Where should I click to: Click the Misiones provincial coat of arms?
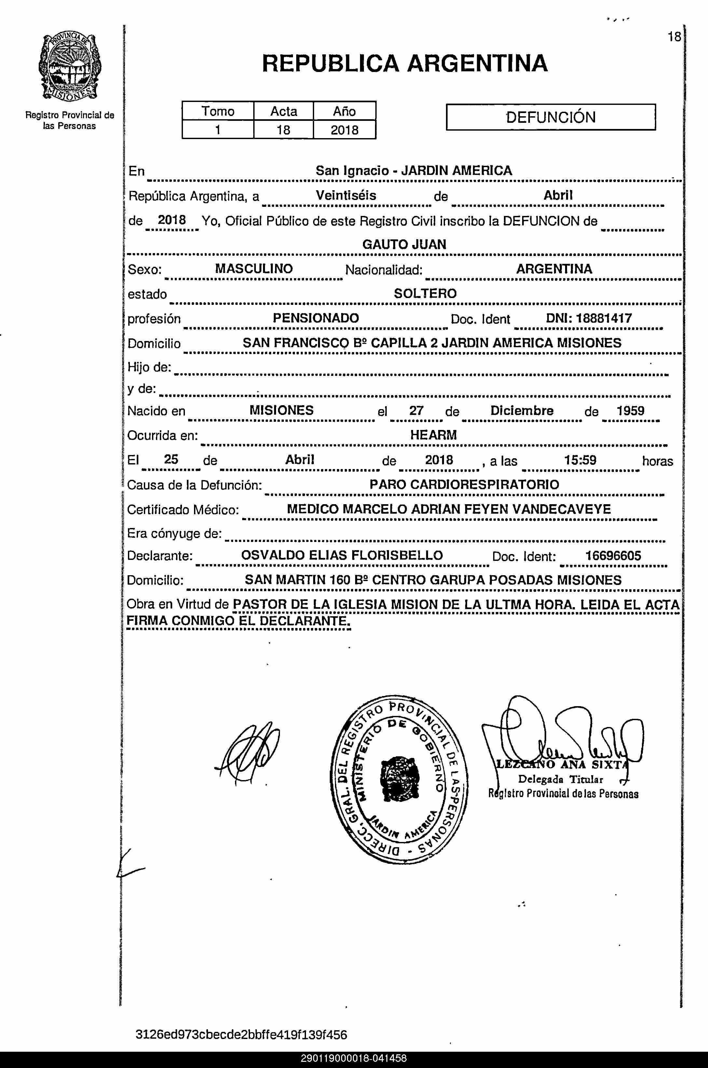[x=70, y=67]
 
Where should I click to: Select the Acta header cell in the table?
[x=284, y=111]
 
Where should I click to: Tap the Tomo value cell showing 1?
[x=218, y=130]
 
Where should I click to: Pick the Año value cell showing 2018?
[x=344, y=130]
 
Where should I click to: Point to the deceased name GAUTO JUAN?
[x=404, y=244]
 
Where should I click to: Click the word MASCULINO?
[x=254, y=269]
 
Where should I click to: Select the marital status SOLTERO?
[x=425, y=294]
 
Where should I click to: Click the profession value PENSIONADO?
[x=316, y=318]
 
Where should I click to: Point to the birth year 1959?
[x=630, y=411]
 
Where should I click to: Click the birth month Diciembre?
[x=522, y=411]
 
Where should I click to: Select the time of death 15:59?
[x=580, y=460]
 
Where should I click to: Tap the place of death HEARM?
[x=433, y=435]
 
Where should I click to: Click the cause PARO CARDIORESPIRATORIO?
[x=464, y=485]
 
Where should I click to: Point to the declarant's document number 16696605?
[x=613, y=556]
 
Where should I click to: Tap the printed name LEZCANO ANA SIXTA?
[x=562, y=765]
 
